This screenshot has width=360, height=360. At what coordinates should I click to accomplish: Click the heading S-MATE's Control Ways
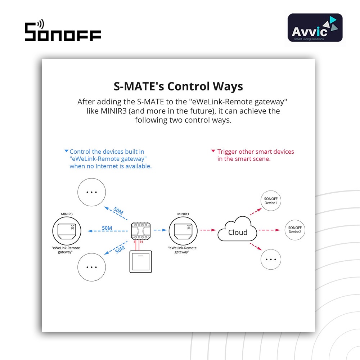178,86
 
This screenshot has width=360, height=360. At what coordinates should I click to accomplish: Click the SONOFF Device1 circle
271,201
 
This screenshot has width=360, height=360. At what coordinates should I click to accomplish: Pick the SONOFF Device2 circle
295,230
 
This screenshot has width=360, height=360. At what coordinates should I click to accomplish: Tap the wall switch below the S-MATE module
141,261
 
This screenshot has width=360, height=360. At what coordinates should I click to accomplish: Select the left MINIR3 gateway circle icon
67,230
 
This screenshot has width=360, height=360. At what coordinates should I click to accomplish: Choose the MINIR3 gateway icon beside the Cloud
183,230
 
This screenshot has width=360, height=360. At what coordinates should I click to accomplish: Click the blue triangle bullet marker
66,151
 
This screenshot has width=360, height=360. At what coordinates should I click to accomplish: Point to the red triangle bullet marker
213,151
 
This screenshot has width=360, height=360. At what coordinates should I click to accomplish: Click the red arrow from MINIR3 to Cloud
208,230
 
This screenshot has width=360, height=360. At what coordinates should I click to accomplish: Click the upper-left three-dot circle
92,192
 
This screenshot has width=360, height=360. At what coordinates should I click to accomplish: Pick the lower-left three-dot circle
92,267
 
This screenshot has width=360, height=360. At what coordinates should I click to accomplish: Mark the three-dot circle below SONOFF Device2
271,259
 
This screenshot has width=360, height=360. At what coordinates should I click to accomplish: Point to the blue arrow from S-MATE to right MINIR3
160,230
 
